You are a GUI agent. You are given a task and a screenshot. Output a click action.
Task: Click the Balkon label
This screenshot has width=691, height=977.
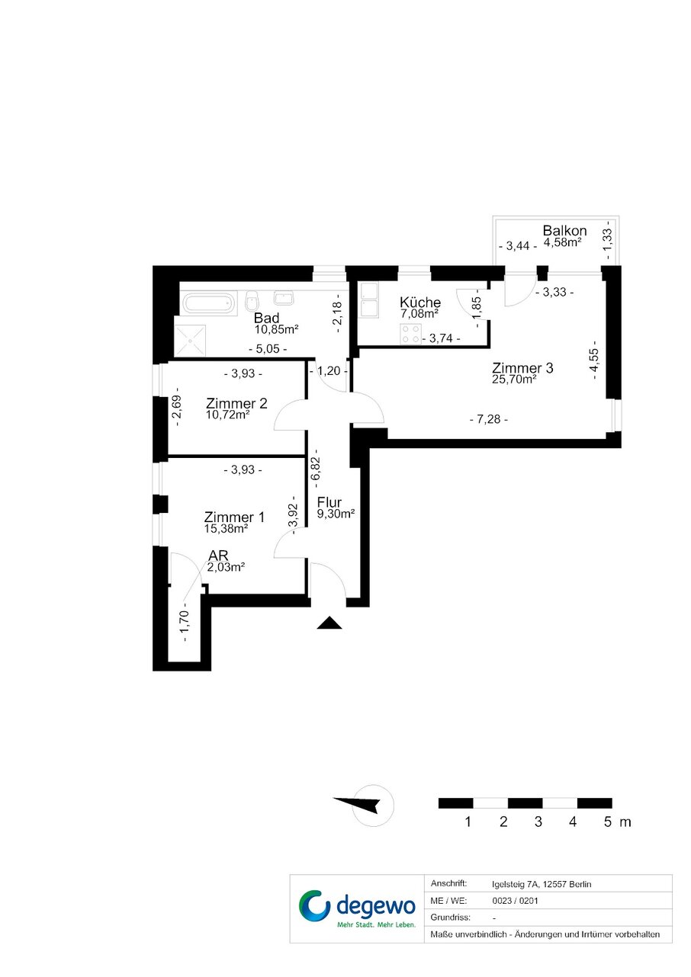564,230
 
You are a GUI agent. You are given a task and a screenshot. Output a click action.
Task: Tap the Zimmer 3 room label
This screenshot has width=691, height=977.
522,367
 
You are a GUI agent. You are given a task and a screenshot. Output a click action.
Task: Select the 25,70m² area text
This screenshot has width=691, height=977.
514,380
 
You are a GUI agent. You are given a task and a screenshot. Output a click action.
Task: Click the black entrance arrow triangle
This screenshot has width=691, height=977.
329,623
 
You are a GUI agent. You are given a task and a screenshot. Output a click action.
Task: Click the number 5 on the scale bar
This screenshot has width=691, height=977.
608,822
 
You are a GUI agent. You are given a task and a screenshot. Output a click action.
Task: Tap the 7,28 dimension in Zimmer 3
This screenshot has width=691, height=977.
488,419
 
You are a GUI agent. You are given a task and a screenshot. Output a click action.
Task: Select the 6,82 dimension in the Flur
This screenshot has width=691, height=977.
317,468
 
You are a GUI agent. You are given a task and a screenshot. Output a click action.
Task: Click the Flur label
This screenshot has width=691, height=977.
329,502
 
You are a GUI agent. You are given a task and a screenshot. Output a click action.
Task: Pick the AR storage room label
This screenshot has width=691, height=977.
218,556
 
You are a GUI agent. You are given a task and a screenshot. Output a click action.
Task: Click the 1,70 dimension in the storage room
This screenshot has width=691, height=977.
185,622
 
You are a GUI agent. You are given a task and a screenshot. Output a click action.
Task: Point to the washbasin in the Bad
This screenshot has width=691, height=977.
284,298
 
